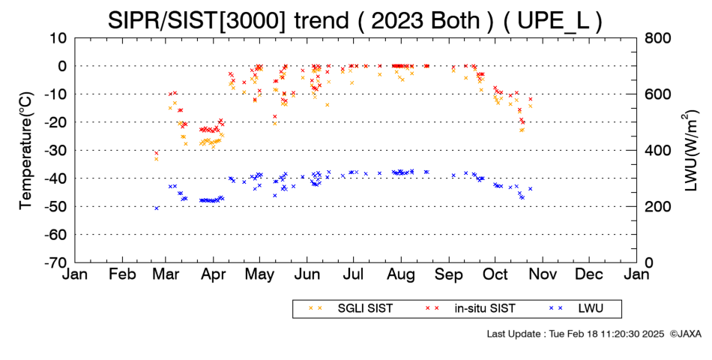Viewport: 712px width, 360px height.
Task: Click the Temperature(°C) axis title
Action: coord(26,151)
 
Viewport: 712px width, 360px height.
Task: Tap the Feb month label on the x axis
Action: coord(123,274)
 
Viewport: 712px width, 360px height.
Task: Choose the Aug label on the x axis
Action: coord(401,275)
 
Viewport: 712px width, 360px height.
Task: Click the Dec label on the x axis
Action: coord(588,274)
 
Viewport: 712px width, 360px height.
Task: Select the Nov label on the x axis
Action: coord(543,274)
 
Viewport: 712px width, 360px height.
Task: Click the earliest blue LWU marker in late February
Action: coord(157,208)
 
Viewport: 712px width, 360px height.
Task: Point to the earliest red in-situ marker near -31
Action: coord(156,153)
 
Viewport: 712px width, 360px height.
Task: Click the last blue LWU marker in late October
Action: coord(530,189)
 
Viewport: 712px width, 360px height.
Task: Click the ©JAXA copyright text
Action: coord(685,334)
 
